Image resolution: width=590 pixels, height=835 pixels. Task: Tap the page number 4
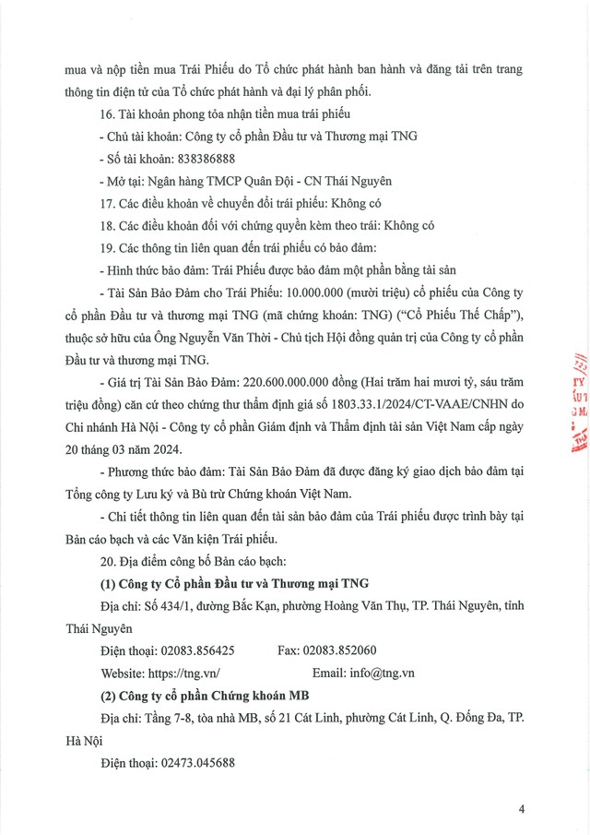click(522, 810)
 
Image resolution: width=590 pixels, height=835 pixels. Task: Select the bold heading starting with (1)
click(233, 583)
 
